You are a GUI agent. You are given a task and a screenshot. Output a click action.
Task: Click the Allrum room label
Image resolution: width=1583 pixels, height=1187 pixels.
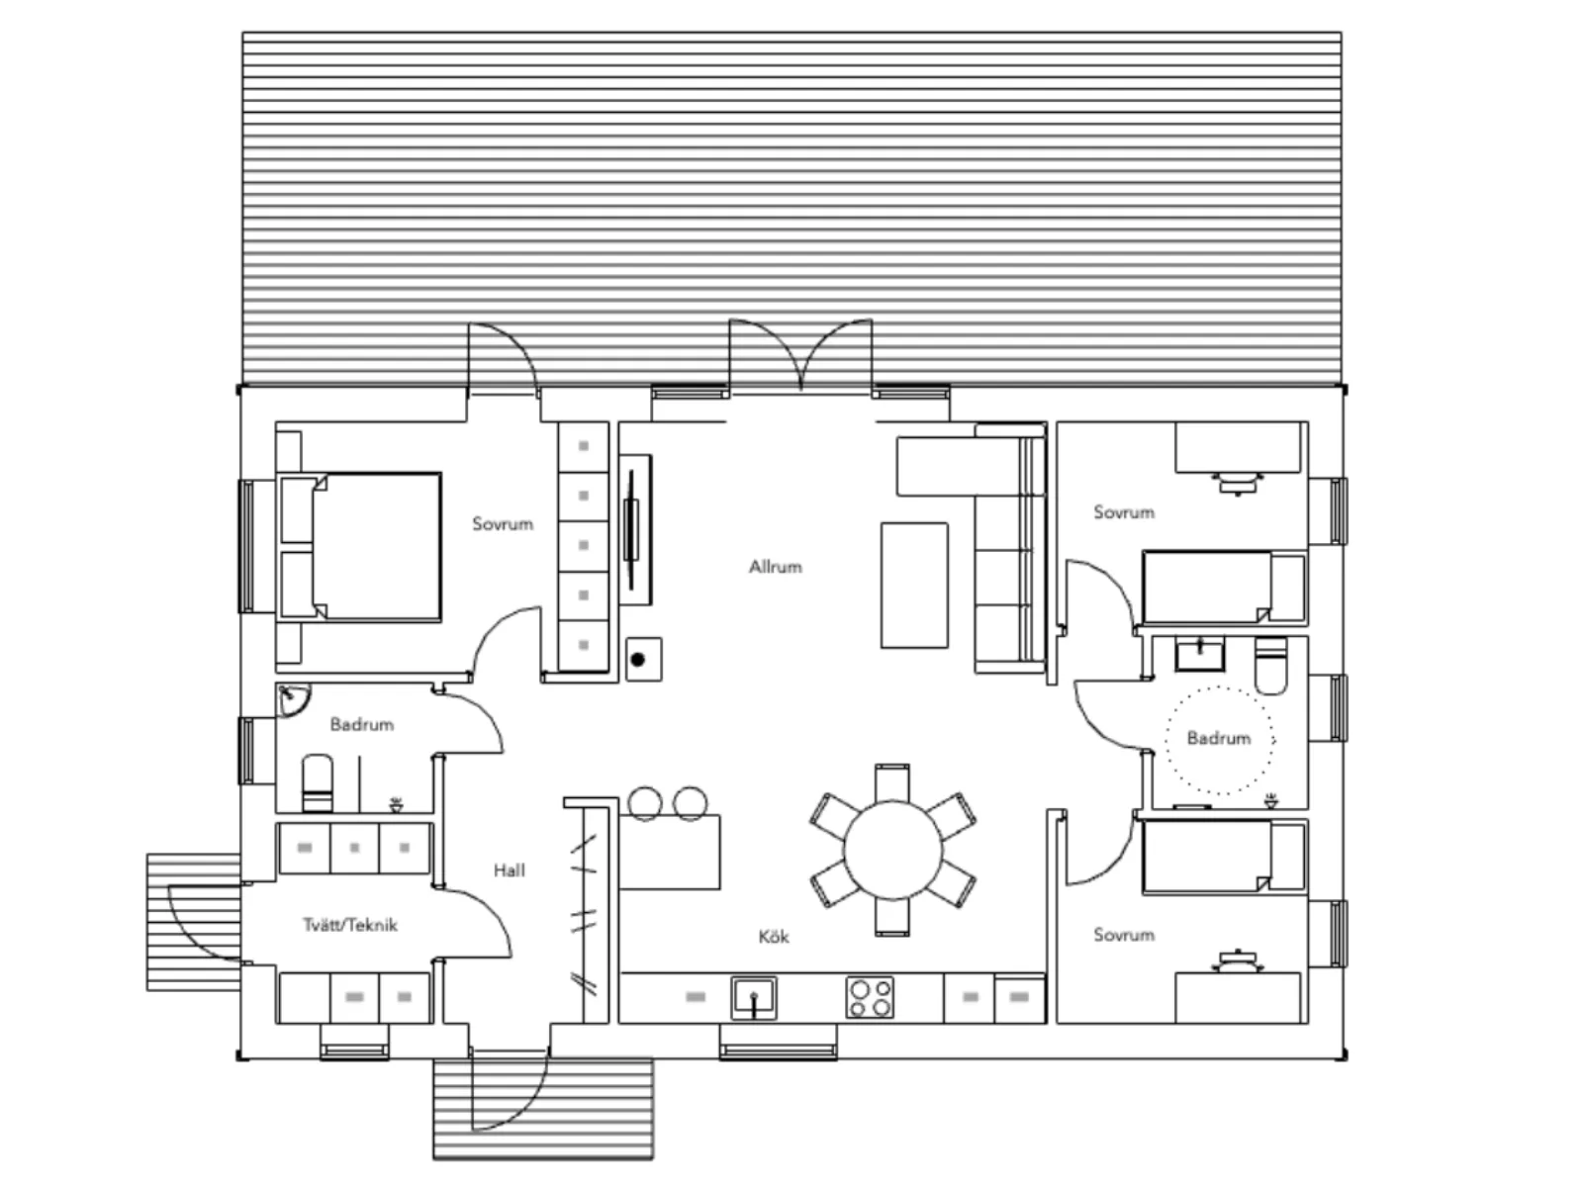[776, 567]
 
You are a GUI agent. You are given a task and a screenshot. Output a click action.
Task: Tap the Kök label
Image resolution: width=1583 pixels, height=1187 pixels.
[773, 937]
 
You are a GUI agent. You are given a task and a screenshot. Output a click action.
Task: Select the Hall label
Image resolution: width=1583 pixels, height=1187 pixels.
[510, 870]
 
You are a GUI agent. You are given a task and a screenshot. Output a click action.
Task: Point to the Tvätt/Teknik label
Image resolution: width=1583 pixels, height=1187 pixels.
[350, 925]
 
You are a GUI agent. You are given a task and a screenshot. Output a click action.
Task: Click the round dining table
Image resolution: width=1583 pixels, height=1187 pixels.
[892, 851]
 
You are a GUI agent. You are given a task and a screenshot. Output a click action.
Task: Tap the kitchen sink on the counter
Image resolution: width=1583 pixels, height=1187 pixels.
[754, 998]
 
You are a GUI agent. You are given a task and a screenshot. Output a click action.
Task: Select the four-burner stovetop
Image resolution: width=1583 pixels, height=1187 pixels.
[870, 998]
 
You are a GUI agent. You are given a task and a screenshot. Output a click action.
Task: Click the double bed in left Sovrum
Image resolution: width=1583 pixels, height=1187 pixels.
[359, 547]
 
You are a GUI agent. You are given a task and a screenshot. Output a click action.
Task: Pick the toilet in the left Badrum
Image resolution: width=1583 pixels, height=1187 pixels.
[317, 783]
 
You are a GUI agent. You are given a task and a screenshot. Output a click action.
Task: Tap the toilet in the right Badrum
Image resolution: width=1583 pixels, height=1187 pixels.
[1270, 667]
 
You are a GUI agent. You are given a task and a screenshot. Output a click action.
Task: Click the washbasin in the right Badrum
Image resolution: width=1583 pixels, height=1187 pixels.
[1200, 655]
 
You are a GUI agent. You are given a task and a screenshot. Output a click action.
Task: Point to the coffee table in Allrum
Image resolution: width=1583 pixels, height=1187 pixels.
[914, 586]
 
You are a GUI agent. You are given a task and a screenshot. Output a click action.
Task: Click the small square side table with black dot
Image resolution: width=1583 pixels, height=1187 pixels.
[644, 659]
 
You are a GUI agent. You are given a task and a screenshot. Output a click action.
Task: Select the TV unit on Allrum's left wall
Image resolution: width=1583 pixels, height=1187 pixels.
[635, 530]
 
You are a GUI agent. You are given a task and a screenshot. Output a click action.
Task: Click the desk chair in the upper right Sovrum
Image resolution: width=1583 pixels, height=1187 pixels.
[1239, 484]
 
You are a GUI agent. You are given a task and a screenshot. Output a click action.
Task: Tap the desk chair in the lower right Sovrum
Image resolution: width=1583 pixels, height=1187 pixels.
[1239, 961]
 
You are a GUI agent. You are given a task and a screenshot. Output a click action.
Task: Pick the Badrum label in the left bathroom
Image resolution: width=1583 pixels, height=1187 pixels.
[362, 724]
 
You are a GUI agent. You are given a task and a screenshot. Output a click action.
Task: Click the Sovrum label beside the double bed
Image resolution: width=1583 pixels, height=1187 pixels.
[503, 524]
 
